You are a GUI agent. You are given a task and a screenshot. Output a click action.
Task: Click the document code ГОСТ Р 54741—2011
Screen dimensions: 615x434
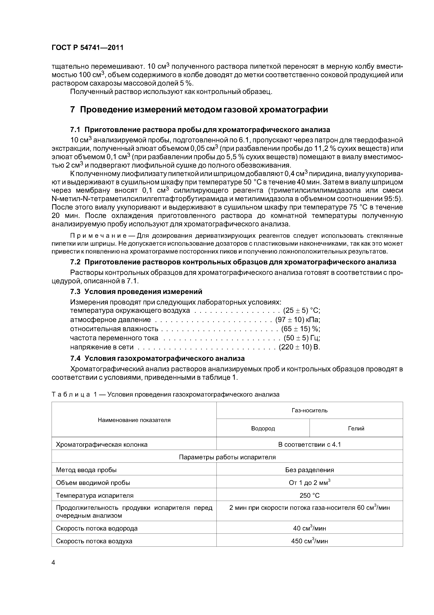87,48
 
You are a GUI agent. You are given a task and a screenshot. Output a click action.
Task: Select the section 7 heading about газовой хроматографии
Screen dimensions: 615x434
199,110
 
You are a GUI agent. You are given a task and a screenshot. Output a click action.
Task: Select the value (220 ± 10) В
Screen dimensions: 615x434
299,347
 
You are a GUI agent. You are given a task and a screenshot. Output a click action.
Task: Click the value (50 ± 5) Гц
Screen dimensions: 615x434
302,338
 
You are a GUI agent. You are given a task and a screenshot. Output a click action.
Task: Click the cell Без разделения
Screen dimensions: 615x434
309,470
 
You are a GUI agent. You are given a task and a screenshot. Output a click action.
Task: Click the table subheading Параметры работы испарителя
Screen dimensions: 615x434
227,457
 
